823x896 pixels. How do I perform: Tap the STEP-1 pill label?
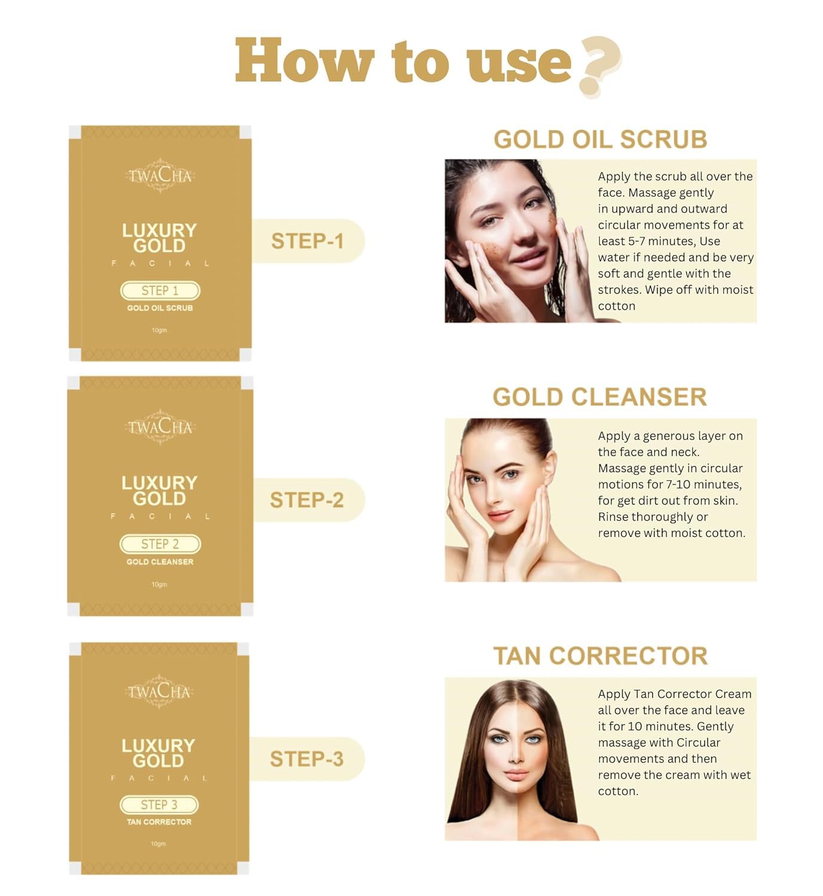(x=307, y=241)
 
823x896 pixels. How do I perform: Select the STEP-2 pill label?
(x=307, y=500)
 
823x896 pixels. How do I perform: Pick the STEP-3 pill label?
(x=307, y=759)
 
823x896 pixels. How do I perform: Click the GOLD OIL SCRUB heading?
(x=600, y=139)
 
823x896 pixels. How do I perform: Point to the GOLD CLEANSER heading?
(x=600, y=397)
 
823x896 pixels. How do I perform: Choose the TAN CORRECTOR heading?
(x=600, y=656)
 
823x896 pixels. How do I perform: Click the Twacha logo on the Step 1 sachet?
(x=160, y=176)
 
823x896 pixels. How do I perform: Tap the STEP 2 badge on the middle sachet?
(x=160, y=544)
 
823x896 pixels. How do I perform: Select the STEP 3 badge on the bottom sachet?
(x=159, y=805)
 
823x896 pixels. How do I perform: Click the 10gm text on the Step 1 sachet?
(x=159, y=330)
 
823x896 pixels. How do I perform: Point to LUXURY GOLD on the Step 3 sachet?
(x=158, y=753)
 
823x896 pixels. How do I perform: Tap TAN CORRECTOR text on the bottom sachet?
(x=159, y=822)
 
